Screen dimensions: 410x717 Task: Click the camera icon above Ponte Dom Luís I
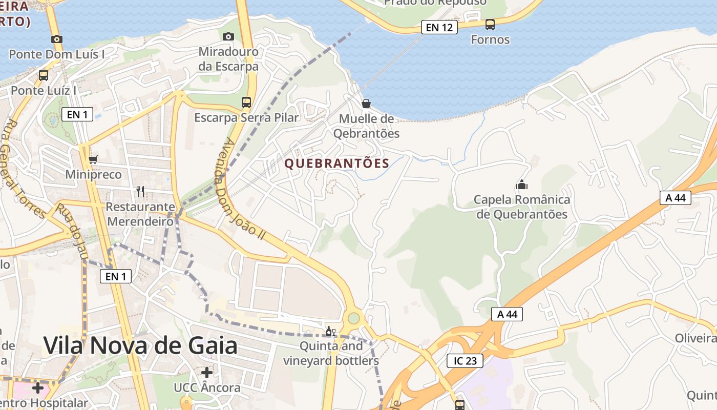click(57, 39)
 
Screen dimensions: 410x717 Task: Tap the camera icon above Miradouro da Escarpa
click(228, 36)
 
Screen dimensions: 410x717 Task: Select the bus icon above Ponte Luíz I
click(44, 75)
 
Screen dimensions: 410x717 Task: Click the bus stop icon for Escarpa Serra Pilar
click(246, 102)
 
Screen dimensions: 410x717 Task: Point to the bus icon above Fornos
click(490, 24)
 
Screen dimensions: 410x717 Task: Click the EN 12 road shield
click(439, 27)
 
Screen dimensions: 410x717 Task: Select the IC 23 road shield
click(465, 361)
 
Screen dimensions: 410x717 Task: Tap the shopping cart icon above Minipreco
click(93, 160)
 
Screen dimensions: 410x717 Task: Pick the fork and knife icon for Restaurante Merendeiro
click(140, 192)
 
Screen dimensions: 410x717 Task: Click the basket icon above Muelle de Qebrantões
click(366, 104)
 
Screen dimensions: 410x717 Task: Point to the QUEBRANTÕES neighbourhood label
click(337, 163)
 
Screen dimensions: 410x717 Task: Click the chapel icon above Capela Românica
click(522, 184)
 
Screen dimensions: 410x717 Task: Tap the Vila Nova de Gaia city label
click(140, 345)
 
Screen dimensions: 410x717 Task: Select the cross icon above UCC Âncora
click(207, 372)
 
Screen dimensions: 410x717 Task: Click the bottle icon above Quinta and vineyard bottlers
click(331, 331)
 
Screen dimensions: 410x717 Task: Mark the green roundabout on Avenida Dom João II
click(353, 318)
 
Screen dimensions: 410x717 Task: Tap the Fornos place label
click(490, 39)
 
